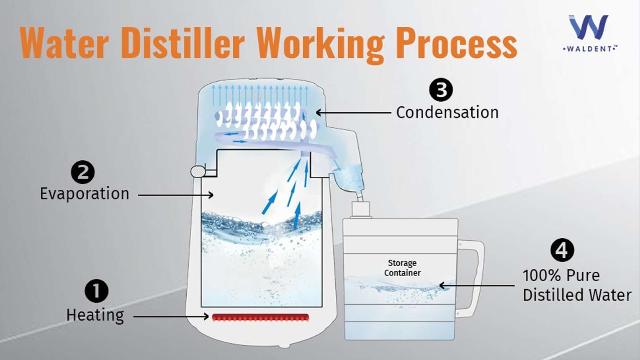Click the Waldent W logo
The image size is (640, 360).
click(x=588, y=27)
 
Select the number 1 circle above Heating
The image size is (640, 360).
click(x=97, y=291)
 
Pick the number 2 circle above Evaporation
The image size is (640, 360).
click(x=83, y=172)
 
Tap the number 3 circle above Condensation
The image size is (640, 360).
click(x=441, y=90)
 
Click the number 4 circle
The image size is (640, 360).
click(x=562, y=250)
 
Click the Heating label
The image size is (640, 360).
click(x=95, y=316)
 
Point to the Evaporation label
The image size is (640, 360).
click(x=85, y=194)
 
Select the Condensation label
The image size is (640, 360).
click(x=447, y=113)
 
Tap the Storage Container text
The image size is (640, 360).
click(x=402, y=268)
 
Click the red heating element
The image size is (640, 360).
click(x=261, y=317)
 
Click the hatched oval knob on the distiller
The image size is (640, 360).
click(x=198, y=172)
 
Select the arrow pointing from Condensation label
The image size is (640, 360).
click(x=353, y=113)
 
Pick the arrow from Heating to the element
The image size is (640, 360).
click(x=171, y=316)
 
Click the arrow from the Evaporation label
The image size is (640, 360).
click(x=176, y=195)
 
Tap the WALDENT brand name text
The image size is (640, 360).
click(x=589, y=49)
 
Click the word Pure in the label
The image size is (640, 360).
click(x=583, y=276)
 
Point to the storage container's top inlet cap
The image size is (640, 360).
click(x=360, y=209)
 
